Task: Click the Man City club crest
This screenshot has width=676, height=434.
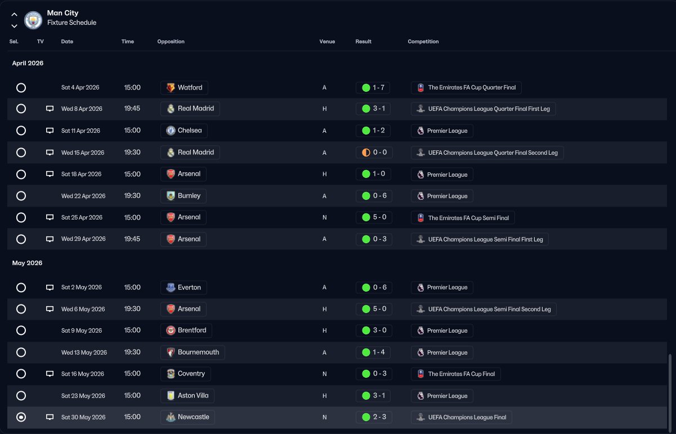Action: point(34,20)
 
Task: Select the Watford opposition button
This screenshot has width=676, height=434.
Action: point(184,88)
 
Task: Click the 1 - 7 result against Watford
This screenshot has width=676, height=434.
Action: point(373,88)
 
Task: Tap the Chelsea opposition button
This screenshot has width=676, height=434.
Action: point(183,131)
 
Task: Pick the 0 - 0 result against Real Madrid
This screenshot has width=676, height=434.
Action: point(374,153)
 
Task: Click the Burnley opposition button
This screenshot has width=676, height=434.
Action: point(183,196)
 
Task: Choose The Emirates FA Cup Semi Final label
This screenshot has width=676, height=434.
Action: point(463,218)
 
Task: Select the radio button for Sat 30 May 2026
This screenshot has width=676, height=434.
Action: point(21,417)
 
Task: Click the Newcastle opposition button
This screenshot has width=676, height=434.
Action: point(187,417)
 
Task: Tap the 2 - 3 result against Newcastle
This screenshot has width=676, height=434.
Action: point(373,417)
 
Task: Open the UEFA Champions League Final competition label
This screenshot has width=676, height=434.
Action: point(462,418)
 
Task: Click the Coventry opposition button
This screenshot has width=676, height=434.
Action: point(185,374)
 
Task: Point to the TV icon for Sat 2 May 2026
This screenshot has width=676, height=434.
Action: point(50,288)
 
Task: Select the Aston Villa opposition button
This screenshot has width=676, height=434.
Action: point(187,396)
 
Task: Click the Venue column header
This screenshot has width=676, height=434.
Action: point(327,42)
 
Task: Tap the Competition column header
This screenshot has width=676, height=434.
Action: point(423,42)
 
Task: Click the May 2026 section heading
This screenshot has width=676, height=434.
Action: point(28,263)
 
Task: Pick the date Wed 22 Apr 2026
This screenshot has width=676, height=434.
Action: point(83,196)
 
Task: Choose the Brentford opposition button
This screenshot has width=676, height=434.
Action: point(186,330)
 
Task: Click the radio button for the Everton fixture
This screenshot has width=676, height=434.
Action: point(21,288)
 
